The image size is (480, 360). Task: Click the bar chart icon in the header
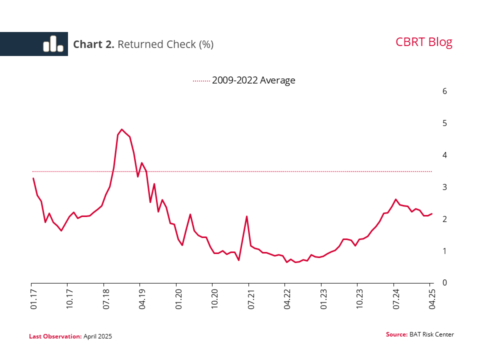click(x=53, y=44)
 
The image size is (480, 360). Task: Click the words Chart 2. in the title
click(x=93, y=44)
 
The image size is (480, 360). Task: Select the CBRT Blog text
click(x=423, y=42)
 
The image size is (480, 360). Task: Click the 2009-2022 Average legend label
click(x=253, y=80)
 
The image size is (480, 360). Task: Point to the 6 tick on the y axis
click(x=444, y=91)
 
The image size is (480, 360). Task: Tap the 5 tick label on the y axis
click(x=444, y=123)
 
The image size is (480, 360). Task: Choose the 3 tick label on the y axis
click(x=444, y=187)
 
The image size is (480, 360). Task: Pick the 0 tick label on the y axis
click(x=444, y=283)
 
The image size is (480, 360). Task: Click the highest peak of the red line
click(x=122, y=129)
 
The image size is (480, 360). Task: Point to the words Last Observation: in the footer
click(x=55, y=336)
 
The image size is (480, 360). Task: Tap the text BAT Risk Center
click(x=431, y=334)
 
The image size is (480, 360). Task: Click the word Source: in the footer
click(x=396, y=334)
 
